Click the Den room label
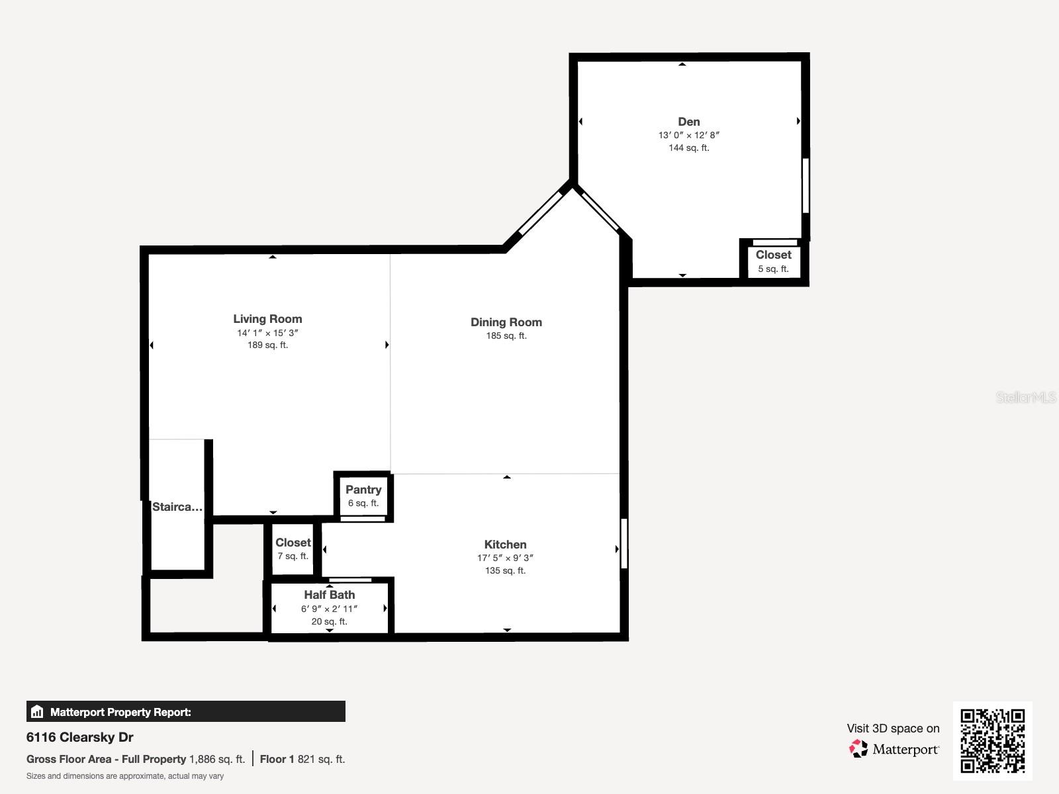[x=688, y=122]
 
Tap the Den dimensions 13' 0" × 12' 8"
[x=688, y=135]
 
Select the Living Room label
[x=267, y=319]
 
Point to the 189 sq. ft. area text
[x=267, y=345]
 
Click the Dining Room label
[x=506, y=322]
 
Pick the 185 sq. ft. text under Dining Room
[x=506, y=335]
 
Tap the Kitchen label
[x=505, y=545]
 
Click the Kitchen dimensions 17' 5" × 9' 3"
[x=505, y=558]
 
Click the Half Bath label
[x=329, y=595]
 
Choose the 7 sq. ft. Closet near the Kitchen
[x=293, y=549]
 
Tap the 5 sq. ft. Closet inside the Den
[x=773, y=261]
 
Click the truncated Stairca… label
[x=177, y=507]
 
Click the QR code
[x=992, y=740]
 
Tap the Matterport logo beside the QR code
[x=894, y=749]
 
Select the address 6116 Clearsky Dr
[x=80, y=737]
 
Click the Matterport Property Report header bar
[x=185, y=712]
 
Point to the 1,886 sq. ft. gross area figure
[x=217, y=759]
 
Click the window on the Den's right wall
[x=806, y=185]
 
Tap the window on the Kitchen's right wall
[x=623, y=543]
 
